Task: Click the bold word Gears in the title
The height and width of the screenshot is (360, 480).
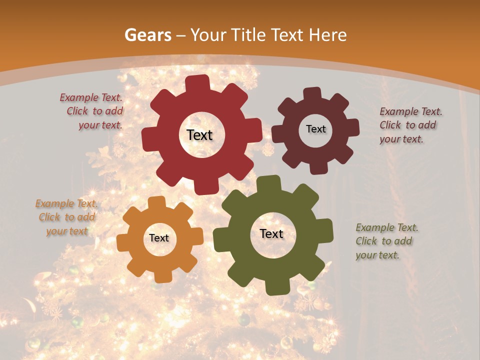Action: point(147,35)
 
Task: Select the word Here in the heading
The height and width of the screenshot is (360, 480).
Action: point(328,35)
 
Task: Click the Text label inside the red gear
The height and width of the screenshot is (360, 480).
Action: point(199,135)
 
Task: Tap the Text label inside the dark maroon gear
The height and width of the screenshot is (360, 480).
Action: point(315,129)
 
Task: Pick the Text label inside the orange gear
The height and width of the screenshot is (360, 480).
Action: point(159,238)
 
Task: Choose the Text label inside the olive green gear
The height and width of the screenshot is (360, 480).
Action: point(271,233)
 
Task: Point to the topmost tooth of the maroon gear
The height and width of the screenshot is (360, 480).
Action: point(312,93)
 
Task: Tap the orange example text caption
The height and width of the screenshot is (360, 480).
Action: point(67,217)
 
